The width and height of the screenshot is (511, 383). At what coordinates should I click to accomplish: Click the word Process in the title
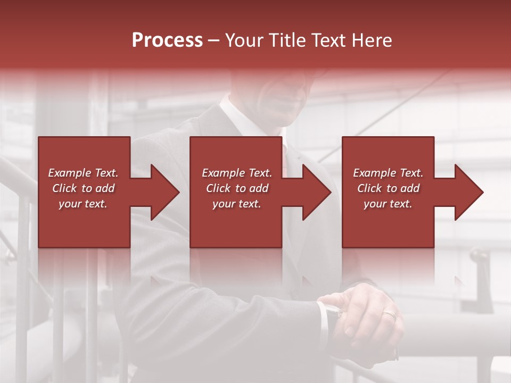pos(167,40)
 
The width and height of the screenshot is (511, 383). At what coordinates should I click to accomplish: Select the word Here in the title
pos(372,40)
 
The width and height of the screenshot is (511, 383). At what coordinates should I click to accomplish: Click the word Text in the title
pos(329,40)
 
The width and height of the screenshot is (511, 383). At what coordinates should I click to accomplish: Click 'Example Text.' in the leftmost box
pos(83,173)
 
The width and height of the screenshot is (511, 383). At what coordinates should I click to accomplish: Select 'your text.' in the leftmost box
pos(83,204)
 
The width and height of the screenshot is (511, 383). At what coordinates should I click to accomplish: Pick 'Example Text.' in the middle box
pos(237,173)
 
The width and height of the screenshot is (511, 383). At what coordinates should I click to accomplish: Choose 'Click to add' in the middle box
pos(237,188)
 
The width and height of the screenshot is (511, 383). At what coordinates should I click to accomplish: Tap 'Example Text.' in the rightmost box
pos(388,173)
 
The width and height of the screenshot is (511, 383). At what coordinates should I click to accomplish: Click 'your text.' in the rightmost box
pos(388,204)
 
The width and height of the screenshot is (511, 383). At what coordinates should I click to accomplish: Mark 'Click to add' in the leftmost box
pos(83,188)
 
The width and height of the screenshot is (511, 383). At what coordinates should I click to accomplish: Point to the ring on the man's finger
pos(389,315)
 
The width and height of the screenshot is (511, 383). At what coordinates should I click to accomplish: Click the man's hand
pos(367,314)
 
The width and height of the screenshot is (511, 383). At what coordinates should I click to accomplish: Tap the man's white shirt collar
pos(237,114)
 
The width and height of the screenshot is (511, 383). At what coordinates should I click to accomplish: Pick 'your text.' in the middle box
pos(237,204)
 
